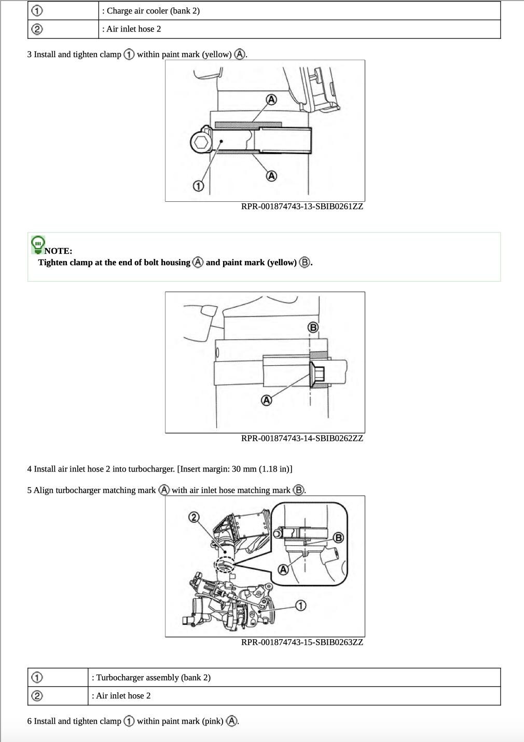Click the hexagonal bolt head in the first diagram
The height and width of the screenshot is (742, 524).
201,143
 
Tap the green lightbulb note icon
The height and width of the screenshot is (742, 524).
38,245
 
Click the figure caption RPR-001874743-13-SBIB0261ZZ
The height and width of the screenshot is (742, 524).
302,207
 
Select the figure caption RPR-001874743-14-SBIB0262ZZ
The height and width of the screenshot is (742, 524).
302,438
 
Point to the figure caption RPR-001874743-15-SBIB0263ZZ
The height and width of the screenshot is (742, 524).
302,642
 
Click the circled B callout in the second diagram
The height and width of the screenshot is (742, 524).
313,327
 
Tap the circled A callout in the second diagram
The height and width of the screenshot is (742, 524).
266,400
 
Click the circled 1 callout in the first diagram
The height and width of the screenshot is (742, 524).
198,186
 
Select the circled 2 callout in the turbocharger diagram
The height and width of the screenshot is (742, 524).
194,517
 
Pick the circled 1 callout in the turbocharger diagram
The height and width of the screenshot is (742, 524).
300,606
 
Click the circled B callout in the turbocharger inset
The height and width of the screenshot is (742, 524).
338,537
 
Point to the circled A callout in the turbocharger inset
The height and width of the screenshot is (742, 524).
283,569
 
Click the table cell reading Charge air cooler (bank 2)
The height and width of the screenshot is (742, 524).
299,11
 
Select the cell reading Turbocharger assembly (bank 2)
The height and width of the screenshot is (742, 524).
294,678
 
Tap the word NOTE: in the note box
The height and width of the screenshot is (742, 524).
58,251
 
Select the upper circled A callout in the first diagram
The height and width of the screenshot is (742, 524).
271,100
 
